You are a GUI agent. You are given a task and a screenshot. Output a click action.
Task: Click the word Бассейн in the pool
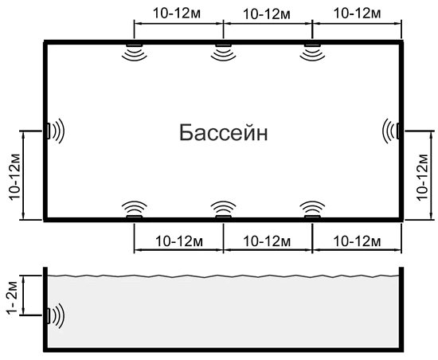224,133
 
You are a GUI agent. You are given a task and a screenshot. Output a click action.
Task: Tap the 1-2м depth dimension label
13,299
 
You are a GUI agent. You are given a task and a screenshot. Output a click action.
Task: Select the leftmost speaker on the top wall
135,52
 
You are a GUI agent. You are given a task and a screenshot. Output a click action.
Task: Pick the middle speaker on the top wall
223,52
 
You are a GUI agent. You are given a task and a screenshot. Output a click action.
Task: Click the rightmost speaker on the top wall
312,52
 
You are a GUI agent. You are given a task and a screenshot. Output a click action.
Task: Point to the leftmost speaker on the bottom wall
135,210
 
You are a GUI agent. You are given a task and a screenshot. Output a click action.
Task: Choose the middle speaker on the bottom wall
223,210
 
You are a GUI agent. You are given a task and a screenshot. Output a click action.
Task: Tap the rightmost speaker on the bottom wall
312,210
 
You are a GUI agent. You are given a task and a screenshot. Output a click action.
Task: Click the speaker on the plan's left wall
56,131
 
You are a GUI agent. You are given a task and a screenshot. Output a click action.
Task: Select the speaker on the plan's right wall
391,131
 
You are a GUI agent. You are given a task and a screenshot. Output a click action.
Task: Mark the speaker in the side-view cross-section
56,316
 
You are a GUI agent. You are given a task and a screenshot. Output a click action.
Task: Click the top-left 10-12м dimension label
177,13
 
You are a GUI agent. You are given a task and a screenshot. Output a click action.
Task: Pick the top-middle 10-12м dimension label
267,14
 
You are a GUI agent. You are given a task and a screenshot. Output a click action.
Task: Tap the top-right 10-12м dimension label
357,13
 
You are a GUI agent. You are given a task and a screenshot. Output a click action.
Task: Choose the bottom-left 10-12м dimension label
179,241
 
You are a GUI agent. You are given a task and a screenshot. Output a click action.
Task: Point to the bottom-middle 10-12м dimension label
267,241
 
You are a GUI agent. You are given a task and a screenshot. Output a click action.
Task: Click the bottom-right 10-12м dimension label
357,241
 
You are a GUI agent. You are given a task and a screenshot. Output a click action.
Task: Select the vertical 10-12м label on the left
15,177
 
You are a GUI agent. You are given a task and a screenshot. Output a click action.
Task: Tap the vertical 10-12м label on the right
422,177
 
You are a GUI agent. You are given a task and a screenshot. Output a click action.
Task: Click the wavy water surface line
223,276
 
